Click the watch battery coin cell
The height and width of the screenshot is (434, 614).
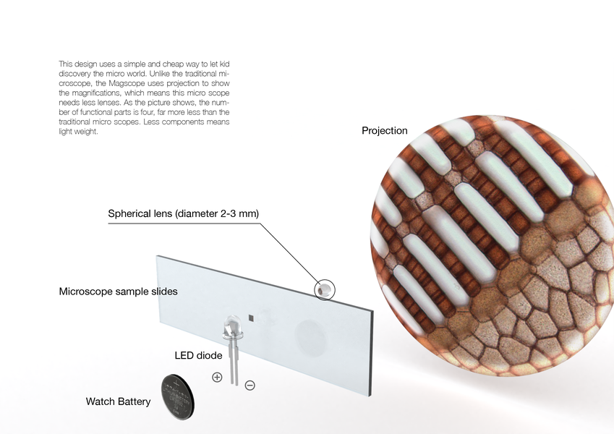point(174,395)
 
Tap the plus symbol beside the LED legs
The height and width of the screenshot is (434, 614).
point(216,376)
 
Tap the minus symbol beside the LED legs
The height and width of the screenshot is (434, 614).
point(250,386)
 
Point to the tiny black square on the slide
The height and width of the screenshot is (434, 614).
point(250,317)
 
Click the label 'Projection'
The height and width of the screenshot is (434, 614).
point(385,131)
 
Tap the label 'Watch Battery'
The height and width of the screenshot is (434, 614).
point(118,401)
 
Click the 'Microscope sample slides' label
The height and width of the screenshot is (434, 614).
point(118,292)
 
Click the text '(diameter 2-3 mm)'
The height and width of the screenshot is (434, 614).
point(216,213)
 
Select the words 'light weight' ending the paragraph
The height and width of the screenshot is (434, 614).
point(78,131)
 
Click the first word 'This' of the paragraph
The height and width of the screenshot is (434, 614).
point(66,64)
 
